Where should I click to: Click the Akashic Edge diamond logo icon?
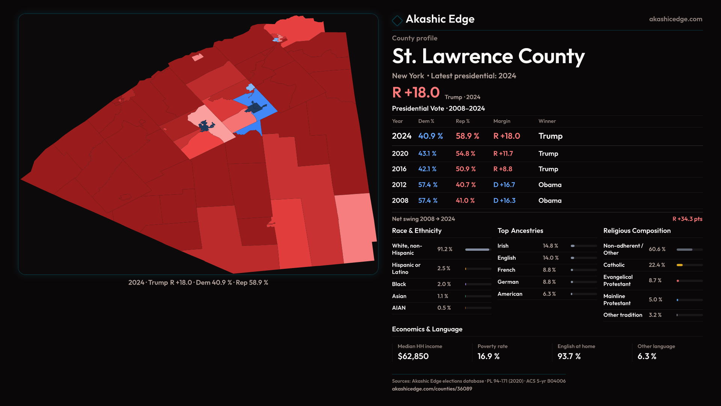coord(397,20)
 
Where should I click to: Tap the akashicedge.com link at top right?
coord(676,19)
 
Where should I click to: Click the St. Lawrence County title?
coord(488,56)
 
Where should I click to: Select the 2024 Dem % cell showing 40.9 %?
coord(430,136)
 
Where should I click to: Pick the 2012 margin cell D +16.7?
coord(504,185)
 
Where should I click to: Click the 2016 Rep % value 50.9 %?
coord(466,169)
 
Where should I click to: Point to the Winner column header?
coord(547,121)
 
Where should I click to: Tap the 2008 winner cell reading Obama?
coord(550,201)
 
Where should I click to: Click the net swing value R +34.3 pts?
coord(687,219)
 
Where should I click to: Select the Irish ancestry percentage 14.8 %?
coord(550,246)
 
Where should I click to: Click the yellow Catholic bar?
coord(680,265)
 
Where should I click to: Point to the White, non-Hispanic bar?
coord(477,249)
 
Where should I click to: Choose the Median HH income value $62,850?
coord(413,356)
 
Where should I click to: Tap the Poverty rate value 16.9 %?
coord(489,356)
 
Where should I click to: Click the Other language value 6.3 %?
coord(647,356)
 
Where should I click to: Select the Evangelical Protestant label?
coord(618,280)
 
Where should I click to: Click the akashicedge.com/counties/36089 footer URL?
coord(432,389)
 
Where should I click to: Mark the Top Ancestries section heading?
coord(520,231)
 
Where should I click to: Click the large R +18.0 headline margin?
coord(416,92)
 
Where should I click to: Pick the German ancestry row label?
coord(508,282)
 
